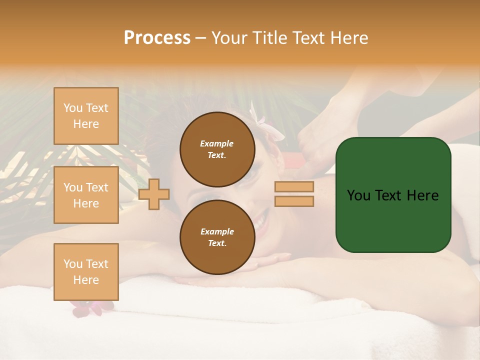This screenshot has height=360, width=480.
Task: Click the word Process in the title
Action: [157, 38]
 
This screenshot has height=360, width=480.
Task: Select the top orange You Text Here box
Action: [86, 116]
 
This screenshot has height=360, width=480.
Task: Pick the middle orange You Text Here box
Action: [86, 195]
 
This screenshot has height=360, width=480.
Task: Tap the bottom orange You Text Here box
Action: [86, 272]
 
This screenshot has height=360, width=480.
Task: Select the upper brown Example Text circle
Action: [217, 149]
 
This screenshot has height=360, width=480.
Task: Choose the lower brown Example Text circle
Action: [217, 237]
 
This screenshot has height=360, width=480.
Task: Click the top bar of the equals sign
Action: [294, 187]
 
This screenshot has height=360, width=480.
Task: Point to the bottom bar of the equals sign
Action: [294, 201]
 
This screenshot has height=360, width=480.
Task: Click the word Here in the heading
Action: [349, 38]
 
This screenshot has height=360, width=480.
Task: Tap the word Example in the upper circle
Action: [217, 143]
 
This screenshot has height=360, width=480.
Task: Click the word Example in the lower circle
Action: [217, 231]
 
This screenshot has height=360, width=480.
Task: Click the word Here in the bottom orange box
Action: [86, 280]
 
